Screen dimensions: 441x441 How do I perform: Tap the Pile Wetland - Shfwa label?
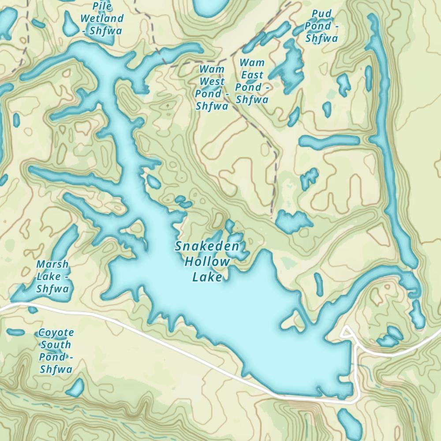click(x=102, y=19)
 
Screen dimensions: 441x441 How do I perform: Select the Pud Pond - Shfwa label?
click(x=321, y=26)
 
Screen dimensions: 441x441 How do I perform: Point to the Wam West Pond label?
click(x=212, y=87)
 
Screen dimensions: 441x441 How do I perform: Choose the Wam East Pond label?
click(x=252, y=81)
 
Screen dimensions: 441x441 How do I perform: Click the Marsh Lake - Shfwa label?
click(x=53, y=277)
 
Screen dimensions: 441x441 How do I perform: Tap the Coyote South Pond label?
click(x=56, y=351)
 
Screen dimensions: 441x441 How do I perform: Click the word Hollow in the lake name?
click(x=207, y=262)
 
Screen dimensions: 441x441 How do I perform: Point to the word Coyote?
click(x=56, y=333)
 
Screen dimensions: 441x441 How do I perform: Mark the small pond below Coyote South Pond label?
click(x=75, y=388)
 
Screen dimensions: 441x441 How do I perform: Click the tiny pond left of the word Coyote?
click(x=15, y=332)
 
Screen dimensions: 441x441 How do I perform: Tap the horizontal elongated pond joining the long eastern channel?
click(x=329, y=141)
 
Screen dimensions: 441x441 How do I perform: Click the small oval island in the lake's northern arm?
click(x=153, y=181)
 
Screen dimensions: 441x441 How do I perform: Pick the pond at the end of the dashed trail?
click(x=291, y=222)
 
